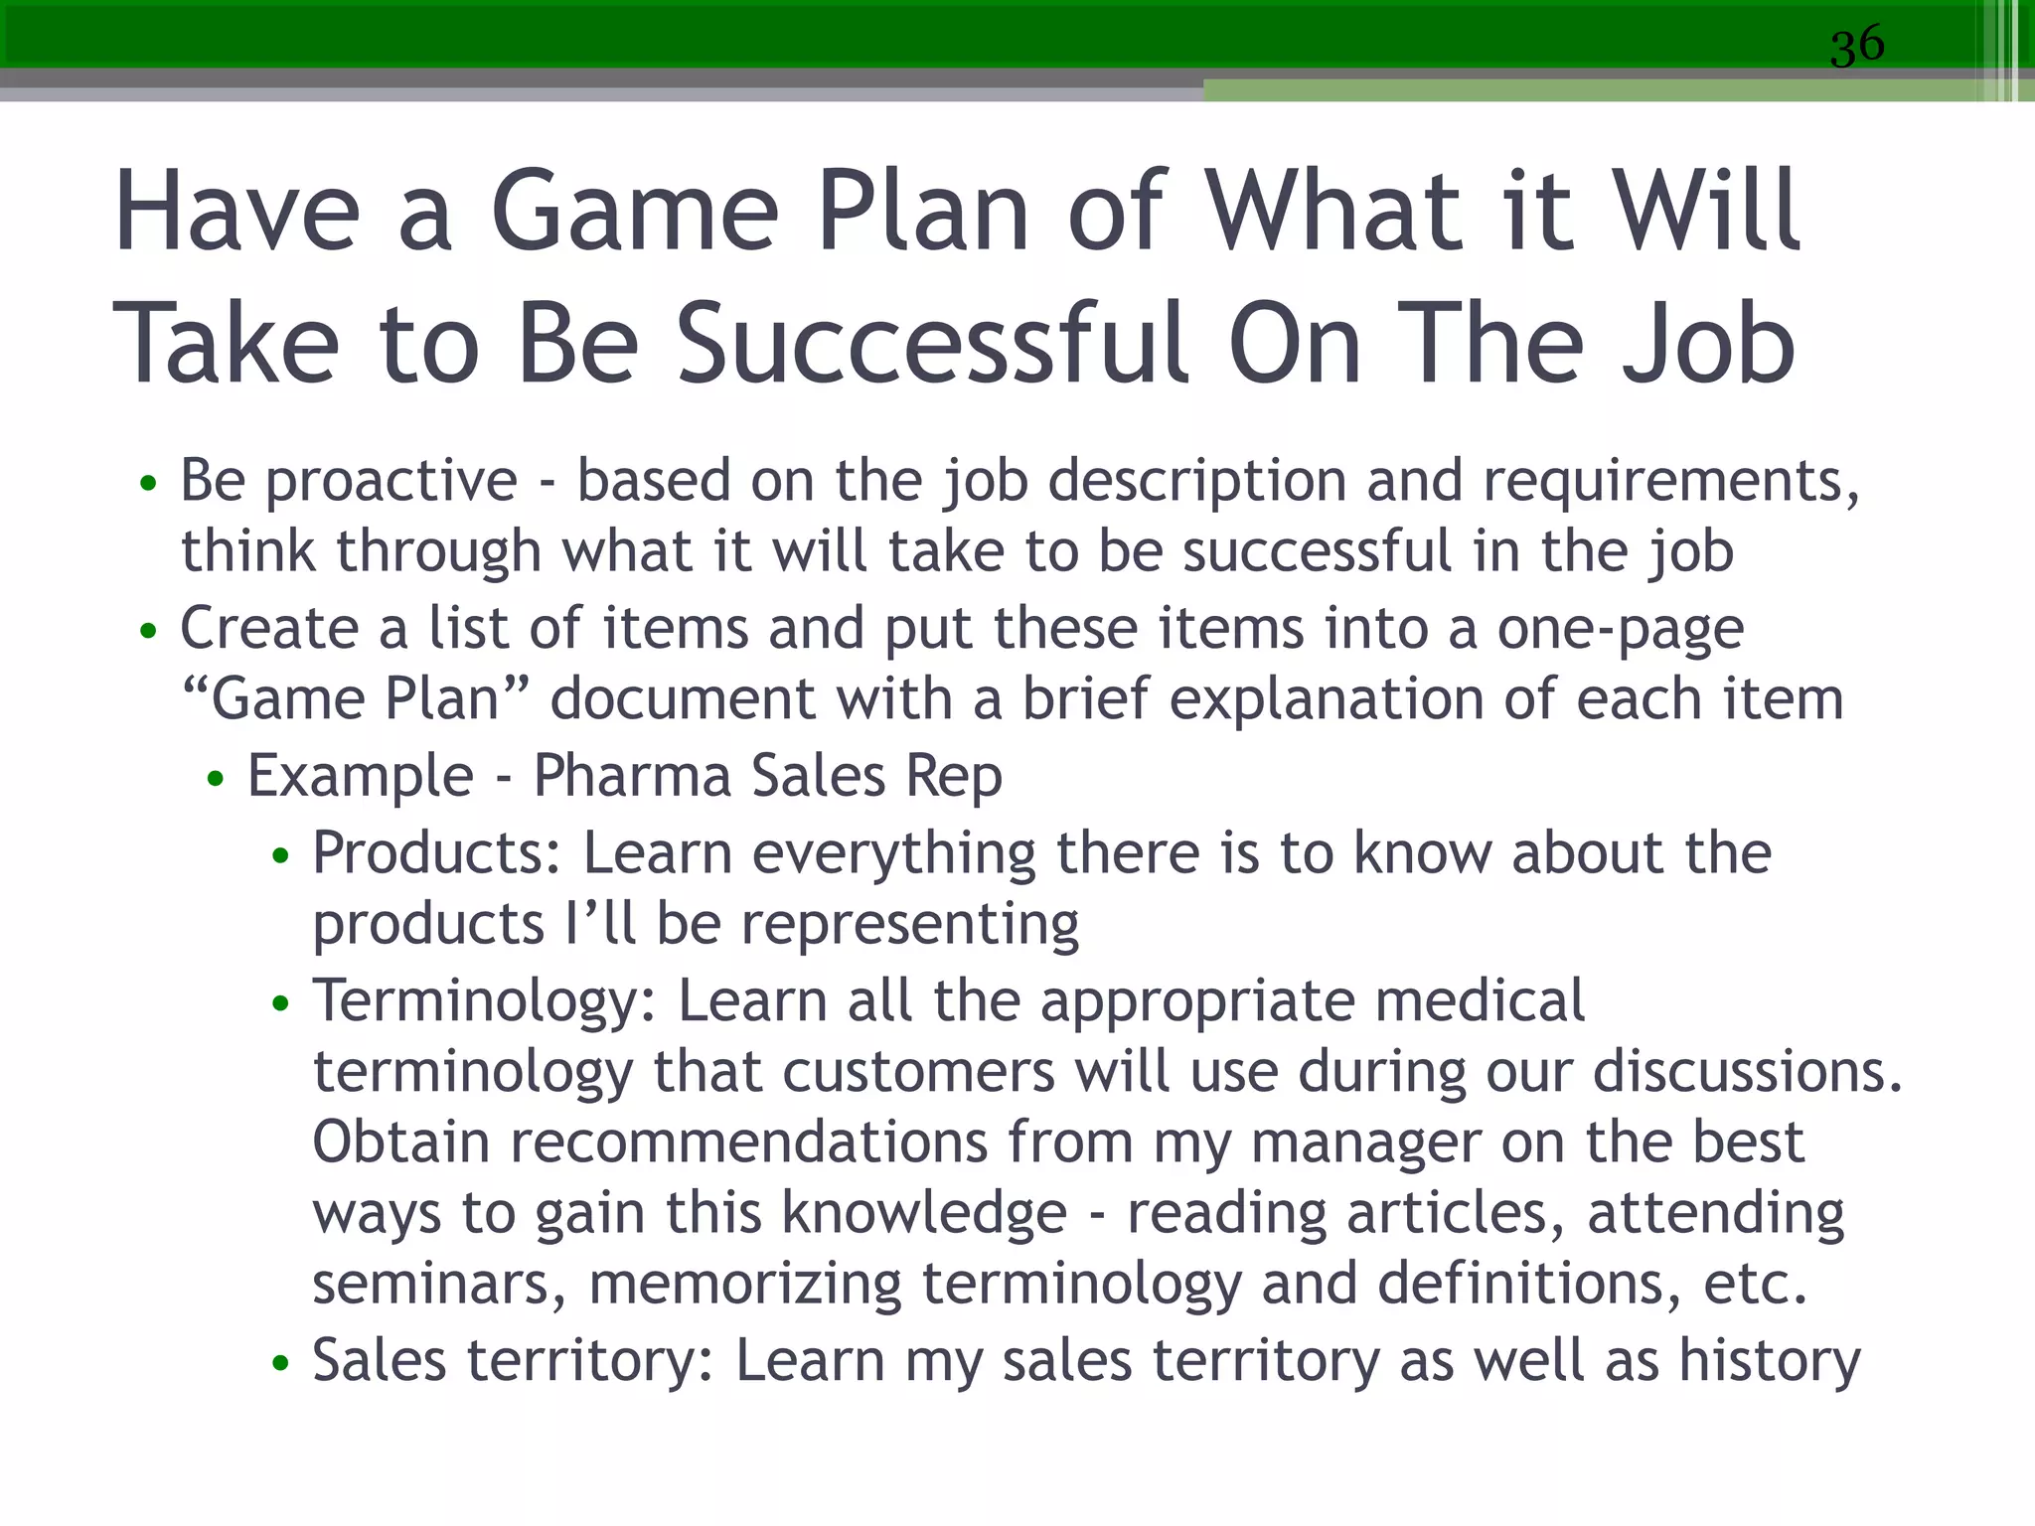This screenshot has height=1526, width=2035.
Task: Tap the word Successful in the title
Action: [932, 344]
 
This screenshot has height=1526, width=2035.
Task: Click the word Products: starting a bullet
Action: [437, 854]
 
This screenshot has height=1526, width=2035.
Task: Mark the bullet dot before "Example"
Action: [216, 779]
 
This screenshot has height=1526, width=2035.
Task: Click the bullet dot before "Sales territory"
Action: [281, 1363]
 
